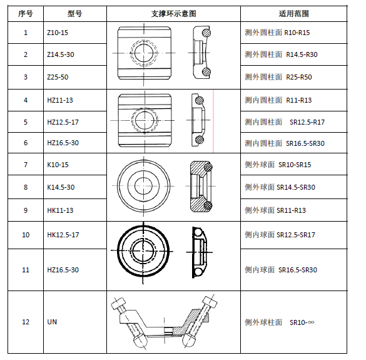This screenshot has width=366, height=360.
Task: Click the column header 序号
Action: (26, 14)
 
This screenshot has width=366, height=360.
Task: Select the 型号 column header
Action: (75, 14)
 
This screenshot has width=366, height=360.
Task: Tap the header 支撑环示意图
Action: (173, 14)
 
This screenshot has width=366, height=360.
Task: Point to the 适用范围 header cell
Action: (293, 14)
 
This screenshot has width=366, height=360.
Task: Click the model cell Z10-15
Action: (58, 33)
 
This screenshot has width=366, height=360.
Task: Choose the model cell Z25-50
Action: (58, 77)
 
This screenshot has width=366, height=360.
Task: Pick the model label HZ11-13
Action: (60, 100)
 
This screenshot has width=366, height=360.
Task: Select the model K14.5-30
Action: (61, 187)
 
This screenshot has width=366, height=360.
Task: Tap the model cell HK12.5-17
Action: (63, 235)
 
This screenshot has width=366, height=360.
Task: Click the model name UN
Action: (52, 322)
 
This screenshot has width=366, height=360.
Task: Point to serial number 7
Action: (26, 165)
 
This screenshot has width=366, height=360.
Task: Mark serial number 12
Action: (26, 322)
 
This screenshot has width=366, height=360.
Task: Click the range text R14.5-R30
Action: (302, 54)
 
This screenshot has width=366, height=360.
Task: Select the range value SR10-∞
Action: (302, 322)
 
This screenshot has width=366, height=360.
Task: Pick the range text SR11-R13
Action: (291, 210)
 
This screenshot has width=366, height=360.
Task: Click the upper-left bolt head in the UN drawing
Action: (119, 303)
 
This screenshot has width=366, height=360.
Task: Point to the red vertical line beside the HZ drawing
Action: (213, 121)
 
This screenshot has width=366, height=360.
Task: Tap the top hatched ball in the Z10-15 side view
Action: (206, 33)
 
